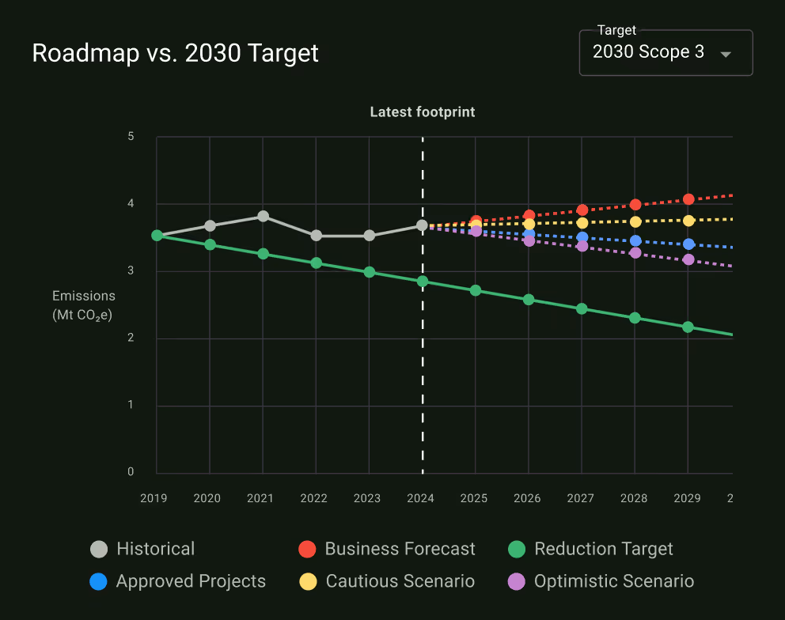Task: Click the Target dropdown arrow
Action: (725, 54)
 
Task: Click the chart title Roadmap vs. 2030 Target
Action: (175, 53)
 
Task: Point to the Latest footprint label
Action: (423, 112)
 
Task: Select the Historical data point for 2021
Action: (263, 216)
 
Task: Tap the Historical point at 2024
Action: (422, 225)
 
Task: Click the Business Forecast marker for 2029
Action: (688, 199)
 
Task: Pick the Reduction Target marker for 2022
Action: (316, 263)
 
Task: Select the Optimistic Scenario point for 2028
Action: (635, 253)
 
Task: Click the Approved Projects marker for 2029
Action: (688, 244)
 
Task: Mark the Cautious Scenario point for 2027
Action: (582, 222)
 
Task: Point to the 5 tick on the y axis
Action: (131, 137)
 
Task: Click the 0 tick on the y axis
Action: (131, 472)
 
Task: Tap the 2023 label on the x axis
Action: (367, 498)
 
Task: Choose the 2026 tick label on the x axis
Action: (528, 498)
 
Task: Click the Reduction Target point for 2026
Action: (529, 300)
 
